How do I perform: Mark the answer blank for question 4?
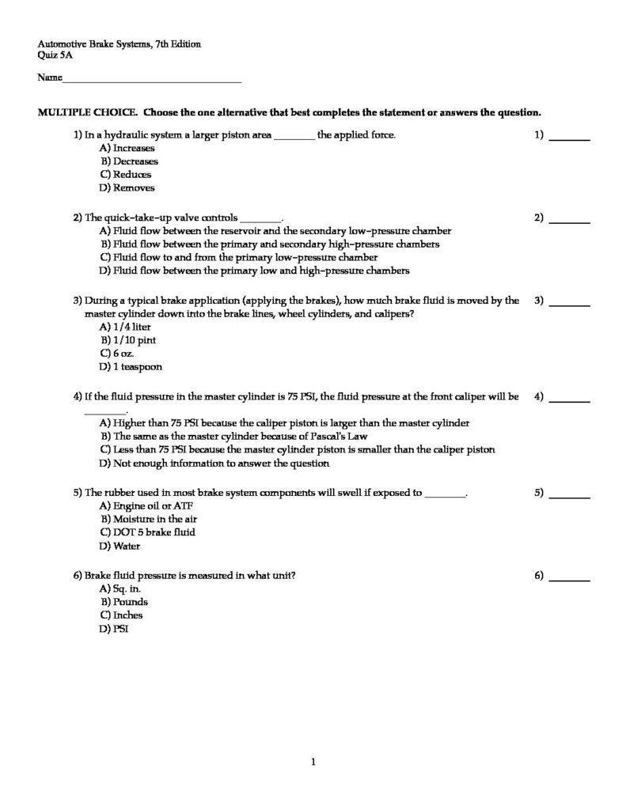pyautogui.click(x=570, y=401)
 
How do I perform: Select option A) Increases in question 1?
pyautogui.click(x=127, y=148)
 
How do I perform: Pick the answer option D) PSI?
pyautogui.click(x=114, y=629)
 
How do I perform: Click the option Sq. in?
pyautogui.click(x=120, y=589)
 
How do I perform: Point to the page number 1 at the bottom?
pyautogui.click(x=313, y=763)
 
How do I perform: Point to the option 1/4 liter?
pyautogui.click(x=128, y=327)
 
